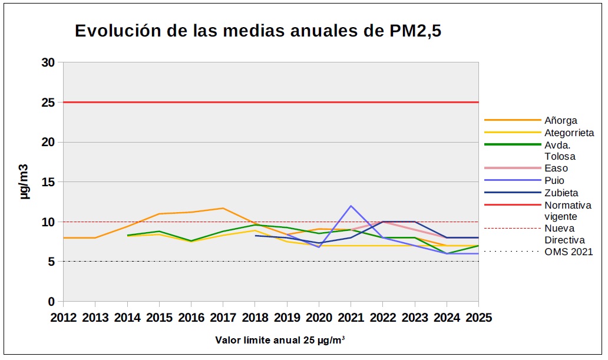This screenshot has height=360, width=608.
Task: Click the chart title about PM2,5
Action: (x=258, y=31)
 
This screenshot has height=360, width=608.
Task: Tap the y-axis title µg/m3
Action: (x=24, y=182)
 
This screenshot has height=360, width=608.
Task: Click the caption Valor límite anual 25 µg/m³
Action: (x=280, y=340)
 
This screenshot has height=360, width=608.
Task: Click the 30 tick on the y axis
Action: (x=48, y=62)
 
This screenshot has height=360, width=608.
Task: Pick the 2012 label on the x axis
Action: (x=64, y=318)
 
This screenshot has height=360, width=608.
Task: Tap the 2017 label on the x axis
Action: (x=223, y=318)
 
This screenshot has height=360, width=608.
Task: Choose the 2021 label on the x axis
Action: (x=351, y=318)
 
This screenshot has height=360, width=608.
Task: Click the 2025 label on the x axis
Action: (x=478, y=318)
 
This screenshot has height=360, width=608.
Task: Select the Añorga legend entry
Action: (x=560, y=121)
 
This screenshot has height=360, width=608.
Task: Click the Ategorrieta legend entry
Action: (x=569, y=133)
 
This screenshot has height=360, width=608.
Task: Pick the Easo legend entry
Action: (x=556, y=169)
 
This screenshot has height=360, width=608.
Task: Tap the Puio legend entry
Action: (x=554, y=181)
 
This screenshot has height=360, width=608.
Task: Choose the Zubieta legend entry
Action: (x=561, y=193)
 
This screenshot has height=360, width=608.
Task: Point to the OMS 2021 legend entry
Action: (x=569, y=252)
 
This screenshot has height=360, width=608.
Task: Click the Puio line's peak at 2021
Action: (x=351, y=206)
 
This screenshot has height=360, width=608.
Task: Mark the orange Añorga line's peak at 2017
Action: (x=223, y=208)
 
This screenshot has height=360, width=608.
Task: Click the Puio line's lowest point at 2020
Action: (x=319, y=247)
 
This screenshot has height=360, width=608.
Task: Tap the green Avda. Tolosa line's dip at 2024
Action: (x=447, y=253)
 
